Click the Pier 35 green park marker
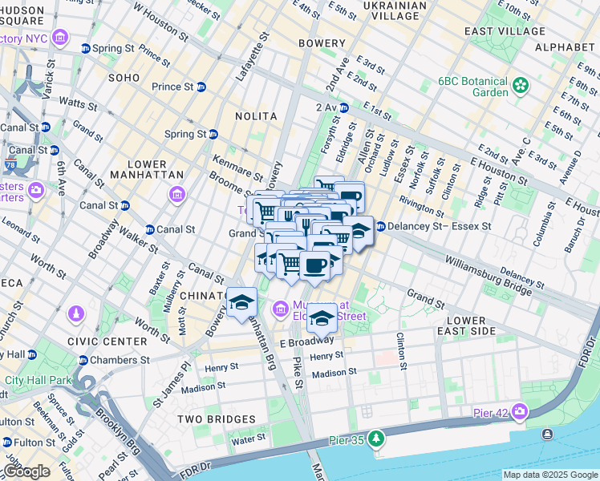(377, 439)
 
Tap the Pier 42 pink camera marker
(521, 412)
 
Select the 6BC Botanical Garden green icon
(521, 84)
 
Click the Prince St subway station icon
(201, 87)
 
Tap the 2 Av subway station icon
(343, 107)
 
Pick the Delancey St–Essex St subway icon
(380, 227)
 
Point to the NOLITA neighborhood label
(255, 116)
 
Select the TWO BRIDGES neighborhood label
(216, 419)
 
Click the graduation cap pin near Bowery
(241, 302)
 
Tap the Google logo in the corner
(26, 471)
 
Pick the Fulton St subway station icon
(6, 442)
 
